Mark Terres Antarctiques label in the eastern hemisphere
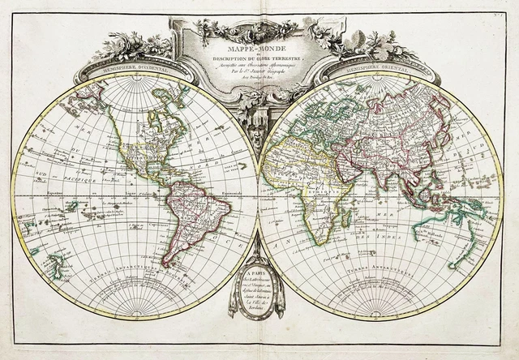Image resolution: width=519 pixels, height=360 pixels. [381, 289]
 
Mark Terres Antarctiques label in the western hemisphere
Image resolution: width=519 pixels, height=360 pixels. [134, 289]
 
